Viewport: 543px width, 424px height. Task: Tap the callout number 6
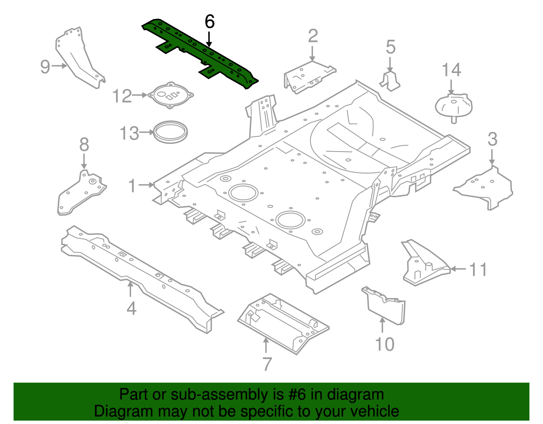[210, 22]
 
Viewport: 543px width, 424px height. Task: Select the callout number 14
[451, 71]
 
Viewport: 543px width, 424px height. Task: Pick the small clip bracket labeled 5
[390, 81]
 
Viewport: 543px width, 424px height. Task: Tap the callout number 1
[132, 186]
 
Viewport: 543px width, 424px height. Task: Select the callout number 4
[131, 309]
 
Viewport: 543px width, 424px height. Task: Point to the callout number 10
[385, 344]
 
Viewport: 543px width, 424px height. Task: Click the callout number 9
[45, 67]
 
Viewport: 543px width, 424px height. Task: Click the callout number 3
[492, 140]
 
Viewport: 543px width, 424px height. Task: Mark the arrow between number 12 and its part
[139, 95]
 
